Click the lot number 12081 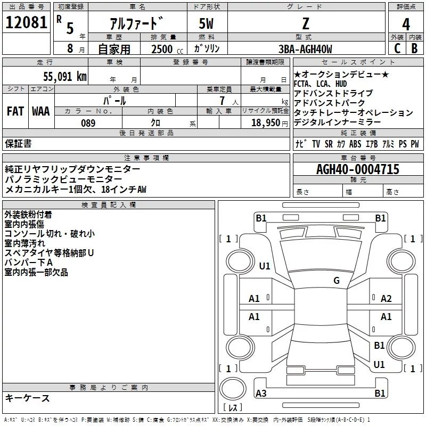[x=26, y=22]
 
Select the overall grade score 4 [x=406, y=24]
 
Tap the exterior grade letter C [x=397, y=48]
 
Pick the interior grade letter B [x=414, y=48]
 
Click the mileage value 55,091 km [x=65, y=77]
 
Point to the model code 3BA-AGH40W [x=305, y=49]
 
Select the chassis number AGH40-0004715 [x=358, y=169]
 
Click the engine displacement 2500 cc [x=167, y=49]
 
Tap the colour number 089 [x=88, y=123]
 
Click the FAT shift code [x=15, y=111]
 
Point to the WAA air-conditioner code [x=41, y=111]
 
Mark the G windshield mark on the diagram [x=337, y=280]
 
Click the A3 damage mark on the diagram [x=261, y=393]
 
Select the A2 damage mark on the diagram [x=386, y=299]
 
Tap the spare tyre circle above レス [x=233, y=389]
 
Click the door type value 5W [x=206, y=23]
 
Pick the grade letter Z [x=306, y=23]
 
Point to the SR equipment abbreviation [x=329, y=144]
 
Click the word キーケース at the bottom [x=28, y=398]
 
